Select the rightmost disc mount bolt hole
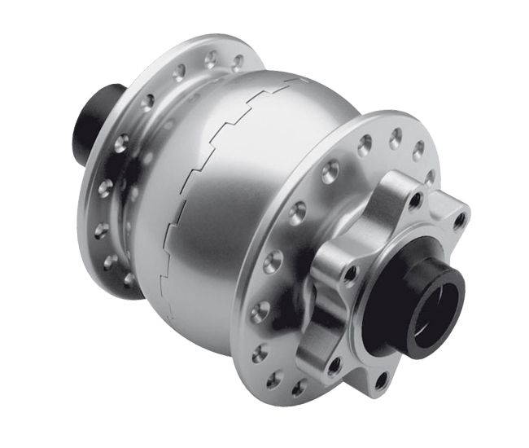pos(460,218)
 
